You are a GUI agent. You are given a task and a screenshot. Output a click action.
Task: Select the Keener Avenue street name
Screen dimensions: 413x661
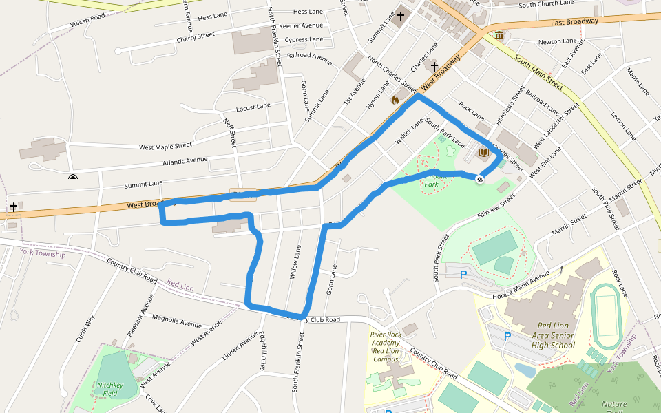coord(301,25)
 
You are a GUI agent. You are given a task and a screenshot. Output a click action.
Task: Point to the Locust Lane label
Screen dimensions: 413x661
coord(253,107)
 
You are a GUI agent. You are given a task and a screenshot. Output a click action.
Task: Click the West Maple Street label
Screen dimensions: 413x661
coord(165,146)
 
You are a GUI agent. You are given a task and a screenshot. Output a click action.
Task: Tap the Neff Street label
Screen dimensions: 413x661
coord(230,131)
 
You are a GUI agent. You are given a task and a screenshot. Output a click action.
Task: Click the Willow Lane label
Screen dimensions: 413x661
coord(296,262)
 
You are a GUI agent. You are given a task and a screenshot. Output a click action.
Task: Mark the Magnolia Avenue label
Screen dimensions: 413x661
coord(177,321)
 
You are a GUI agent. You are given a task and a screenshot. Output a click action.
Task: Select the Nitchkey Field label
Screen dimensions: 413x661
coord(109,390)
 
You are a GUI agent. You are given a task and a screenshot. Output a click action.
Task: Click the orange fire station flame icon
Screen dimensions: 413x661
coord(395,100)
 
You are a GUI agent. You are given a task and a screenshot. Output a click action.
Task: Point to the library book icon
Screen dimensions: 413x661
coord(483,151)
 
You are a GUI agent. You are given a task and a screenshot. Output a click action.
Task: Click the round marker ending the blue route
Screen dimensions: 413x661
coord(479,179)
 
